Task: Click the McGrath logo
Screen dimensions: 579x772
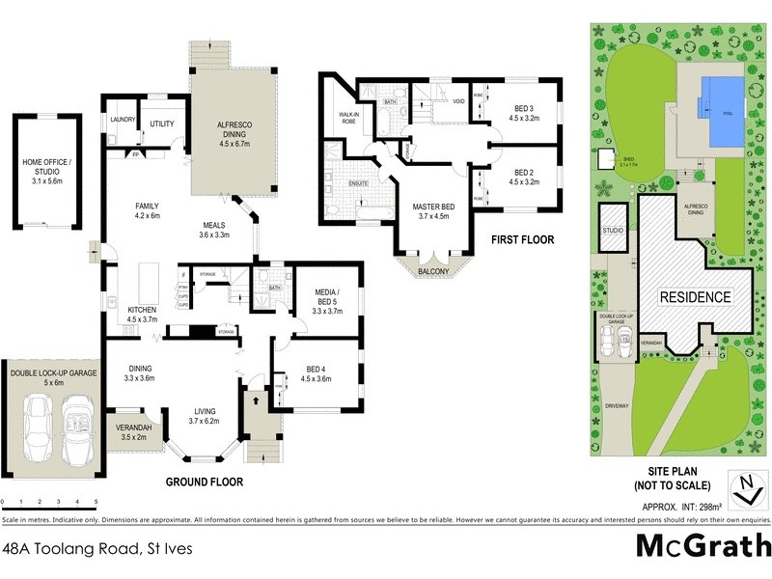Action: coord(703,545)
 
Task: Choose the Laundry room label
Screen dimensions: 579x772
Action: coord(123,120)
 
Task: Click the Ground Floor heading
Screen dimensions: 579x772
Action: coord(205,482)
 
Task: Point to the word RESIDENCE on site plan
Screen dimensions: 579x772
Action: coord(695,297)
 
